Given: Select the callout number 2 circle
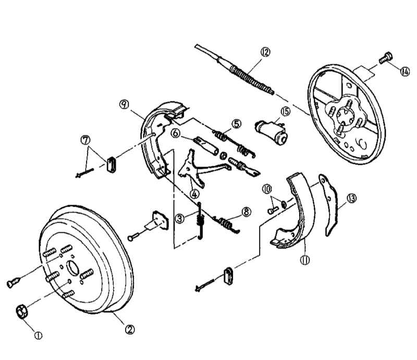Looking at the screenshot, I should pos(130,329).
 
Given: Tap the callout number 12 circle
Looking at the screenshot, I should pos(266,52).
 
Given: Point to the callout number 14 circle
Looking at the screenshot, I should pos(404,71).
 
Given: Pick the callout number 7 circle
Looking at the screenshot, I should pos(85,140).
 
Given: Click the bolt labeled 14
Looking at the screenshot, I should pos(385,58).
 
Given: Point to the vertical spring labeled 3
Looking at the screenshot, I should pos(200,222).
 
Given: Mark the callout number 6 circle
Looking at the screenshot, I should pos(176,133).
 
